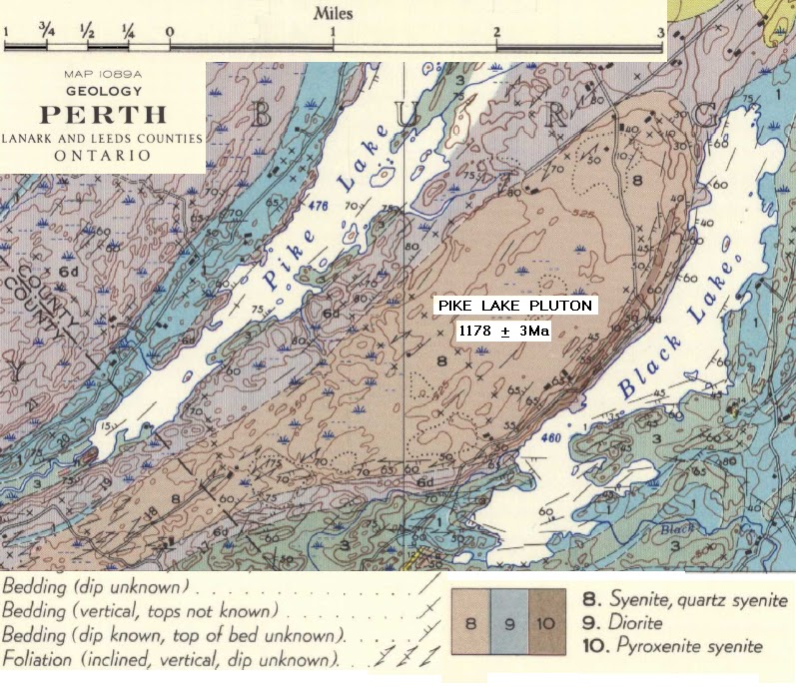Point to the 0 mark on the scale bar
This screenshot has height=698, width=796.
169,31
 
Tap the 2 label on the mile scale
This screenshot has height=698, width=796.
495,31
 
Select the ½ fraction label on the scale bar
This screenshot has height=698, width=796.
87,31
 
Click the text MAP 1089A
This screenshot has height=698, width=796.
102,74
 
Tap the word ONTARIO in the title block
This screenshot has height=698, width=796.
102,156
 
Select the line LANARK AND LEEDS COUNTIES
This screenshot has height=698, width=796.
102,138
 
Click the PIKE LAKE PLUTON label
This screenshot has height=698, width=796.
516,306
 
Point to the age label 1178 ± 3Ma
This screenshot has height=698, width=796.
504,332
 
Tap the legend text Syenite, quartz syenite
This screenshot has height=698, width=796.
685,601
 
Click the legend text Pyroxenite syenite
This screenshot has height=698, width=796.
676,646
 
